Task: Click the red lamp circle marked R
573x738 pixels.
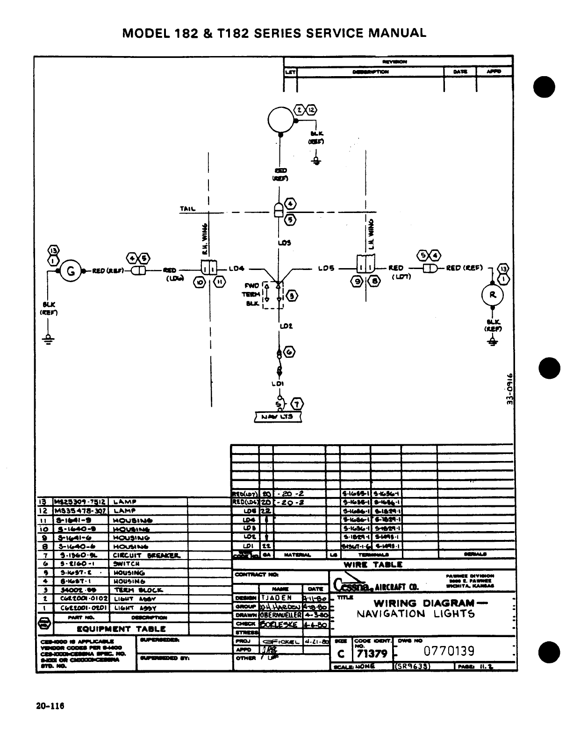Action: tap(492, 295)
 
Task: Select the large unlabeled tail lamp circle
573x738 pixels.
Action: tap(280, 120)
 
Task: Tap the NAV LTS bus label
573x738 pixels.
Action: tap(278, 417)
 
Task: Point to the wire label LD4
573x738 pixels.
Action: tap(237, 269)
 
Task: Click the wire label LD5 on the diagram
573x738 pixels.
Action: tap(325, 269)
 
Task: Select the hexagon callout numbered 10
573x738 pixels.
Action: tap(200, 282)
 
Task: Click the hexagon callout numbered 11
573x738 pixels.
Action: tap(219, 282)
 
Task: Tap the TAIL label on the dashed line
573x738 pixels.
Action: tap(187, 209)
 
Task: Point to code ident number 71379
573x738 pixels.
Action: tap(371, 653)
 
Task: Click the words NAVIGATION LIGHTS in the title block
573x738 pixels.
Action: tap(415, 614)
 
